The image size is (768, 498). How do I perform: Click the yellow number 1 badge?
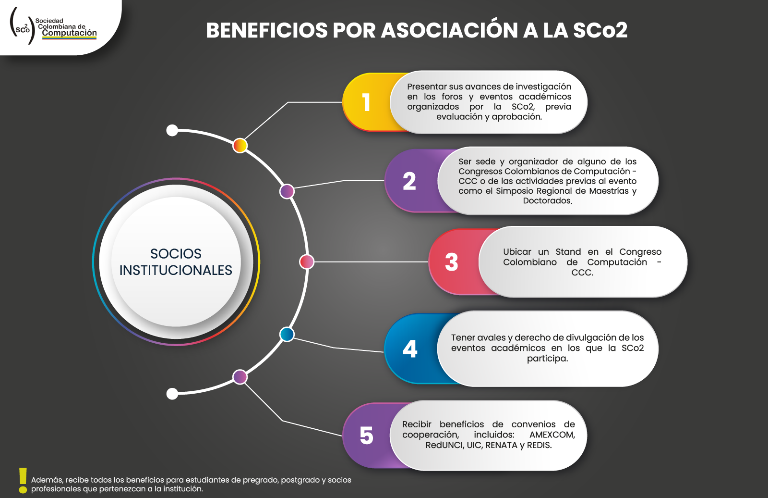366,102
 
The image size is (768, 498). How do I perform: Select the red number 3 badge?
452,262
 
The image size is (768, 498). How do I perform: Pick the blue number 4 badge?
410,349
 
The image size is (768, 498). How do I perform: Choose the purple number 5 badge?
366,436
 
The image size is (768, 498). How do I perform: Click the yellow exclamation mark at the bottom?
23,481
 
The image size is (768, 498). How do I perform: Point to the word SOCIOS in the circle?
176,254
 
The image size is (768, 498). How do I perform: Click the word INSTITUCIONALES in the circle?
176,270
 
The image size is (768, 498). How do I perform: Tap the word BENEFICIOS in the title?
267,30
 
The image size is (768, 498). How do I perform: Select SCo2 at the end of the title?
600,30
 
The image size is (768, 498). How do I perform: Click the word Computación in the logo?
69,33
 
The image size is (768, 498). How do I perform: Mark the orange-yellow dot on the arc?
240,146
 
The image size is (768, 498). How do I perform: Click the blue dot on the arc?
287,334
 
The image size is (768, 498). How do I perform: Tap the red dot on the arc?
307,261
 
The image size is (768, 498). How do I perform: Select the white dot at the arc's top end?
172,131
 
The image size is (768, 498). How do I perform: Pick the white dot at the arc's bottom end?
172,394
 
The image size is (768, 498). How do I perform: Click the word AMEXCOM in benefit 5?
552,435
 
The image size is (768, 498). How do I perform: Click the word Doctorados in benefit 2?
548,200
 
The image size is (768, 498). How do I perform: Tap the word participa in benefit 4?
548,359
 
